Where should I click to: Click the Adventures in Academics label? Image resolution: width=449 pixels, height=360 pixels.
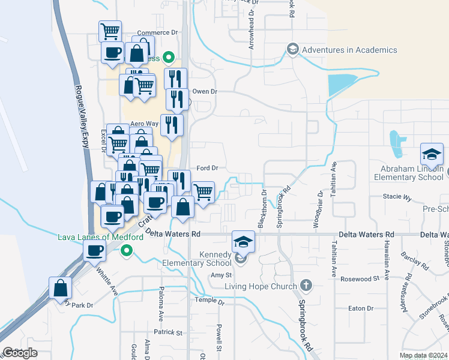click(x=349, y=50)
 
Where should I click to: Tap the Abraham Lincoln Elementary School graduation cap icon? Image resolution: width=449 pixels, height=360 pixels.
click(x=432, y=155)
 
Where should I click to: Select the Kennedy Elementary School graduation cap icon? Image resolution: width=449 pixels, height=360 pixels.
click(x=243, y=242)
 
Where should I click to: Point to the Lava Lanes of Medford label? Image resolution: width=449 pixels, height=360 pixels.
click(x=100, y=236)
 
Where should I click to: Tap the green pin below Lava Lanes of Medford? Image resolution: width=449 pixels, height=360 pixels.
click(x=126, y=250)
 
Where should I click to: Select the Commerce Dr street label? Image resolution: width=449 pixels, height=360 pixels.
click(x=154, y=33)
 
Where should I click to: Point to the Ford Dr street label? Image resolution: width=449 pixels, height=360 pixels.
click(x=207, y=169)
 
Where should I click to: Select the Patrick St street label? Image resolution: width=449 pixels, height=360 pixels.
click(x=167, y=332)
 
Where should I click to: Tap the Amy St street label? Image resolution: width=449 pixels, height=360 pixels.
click(x=217, y=275)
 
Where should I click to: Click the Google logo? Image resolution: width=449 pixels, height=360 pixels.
click(x=20, y=353)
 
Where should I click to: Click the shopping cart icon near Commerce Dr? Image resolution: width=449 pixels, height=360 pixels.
click(x=110, y=31)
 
